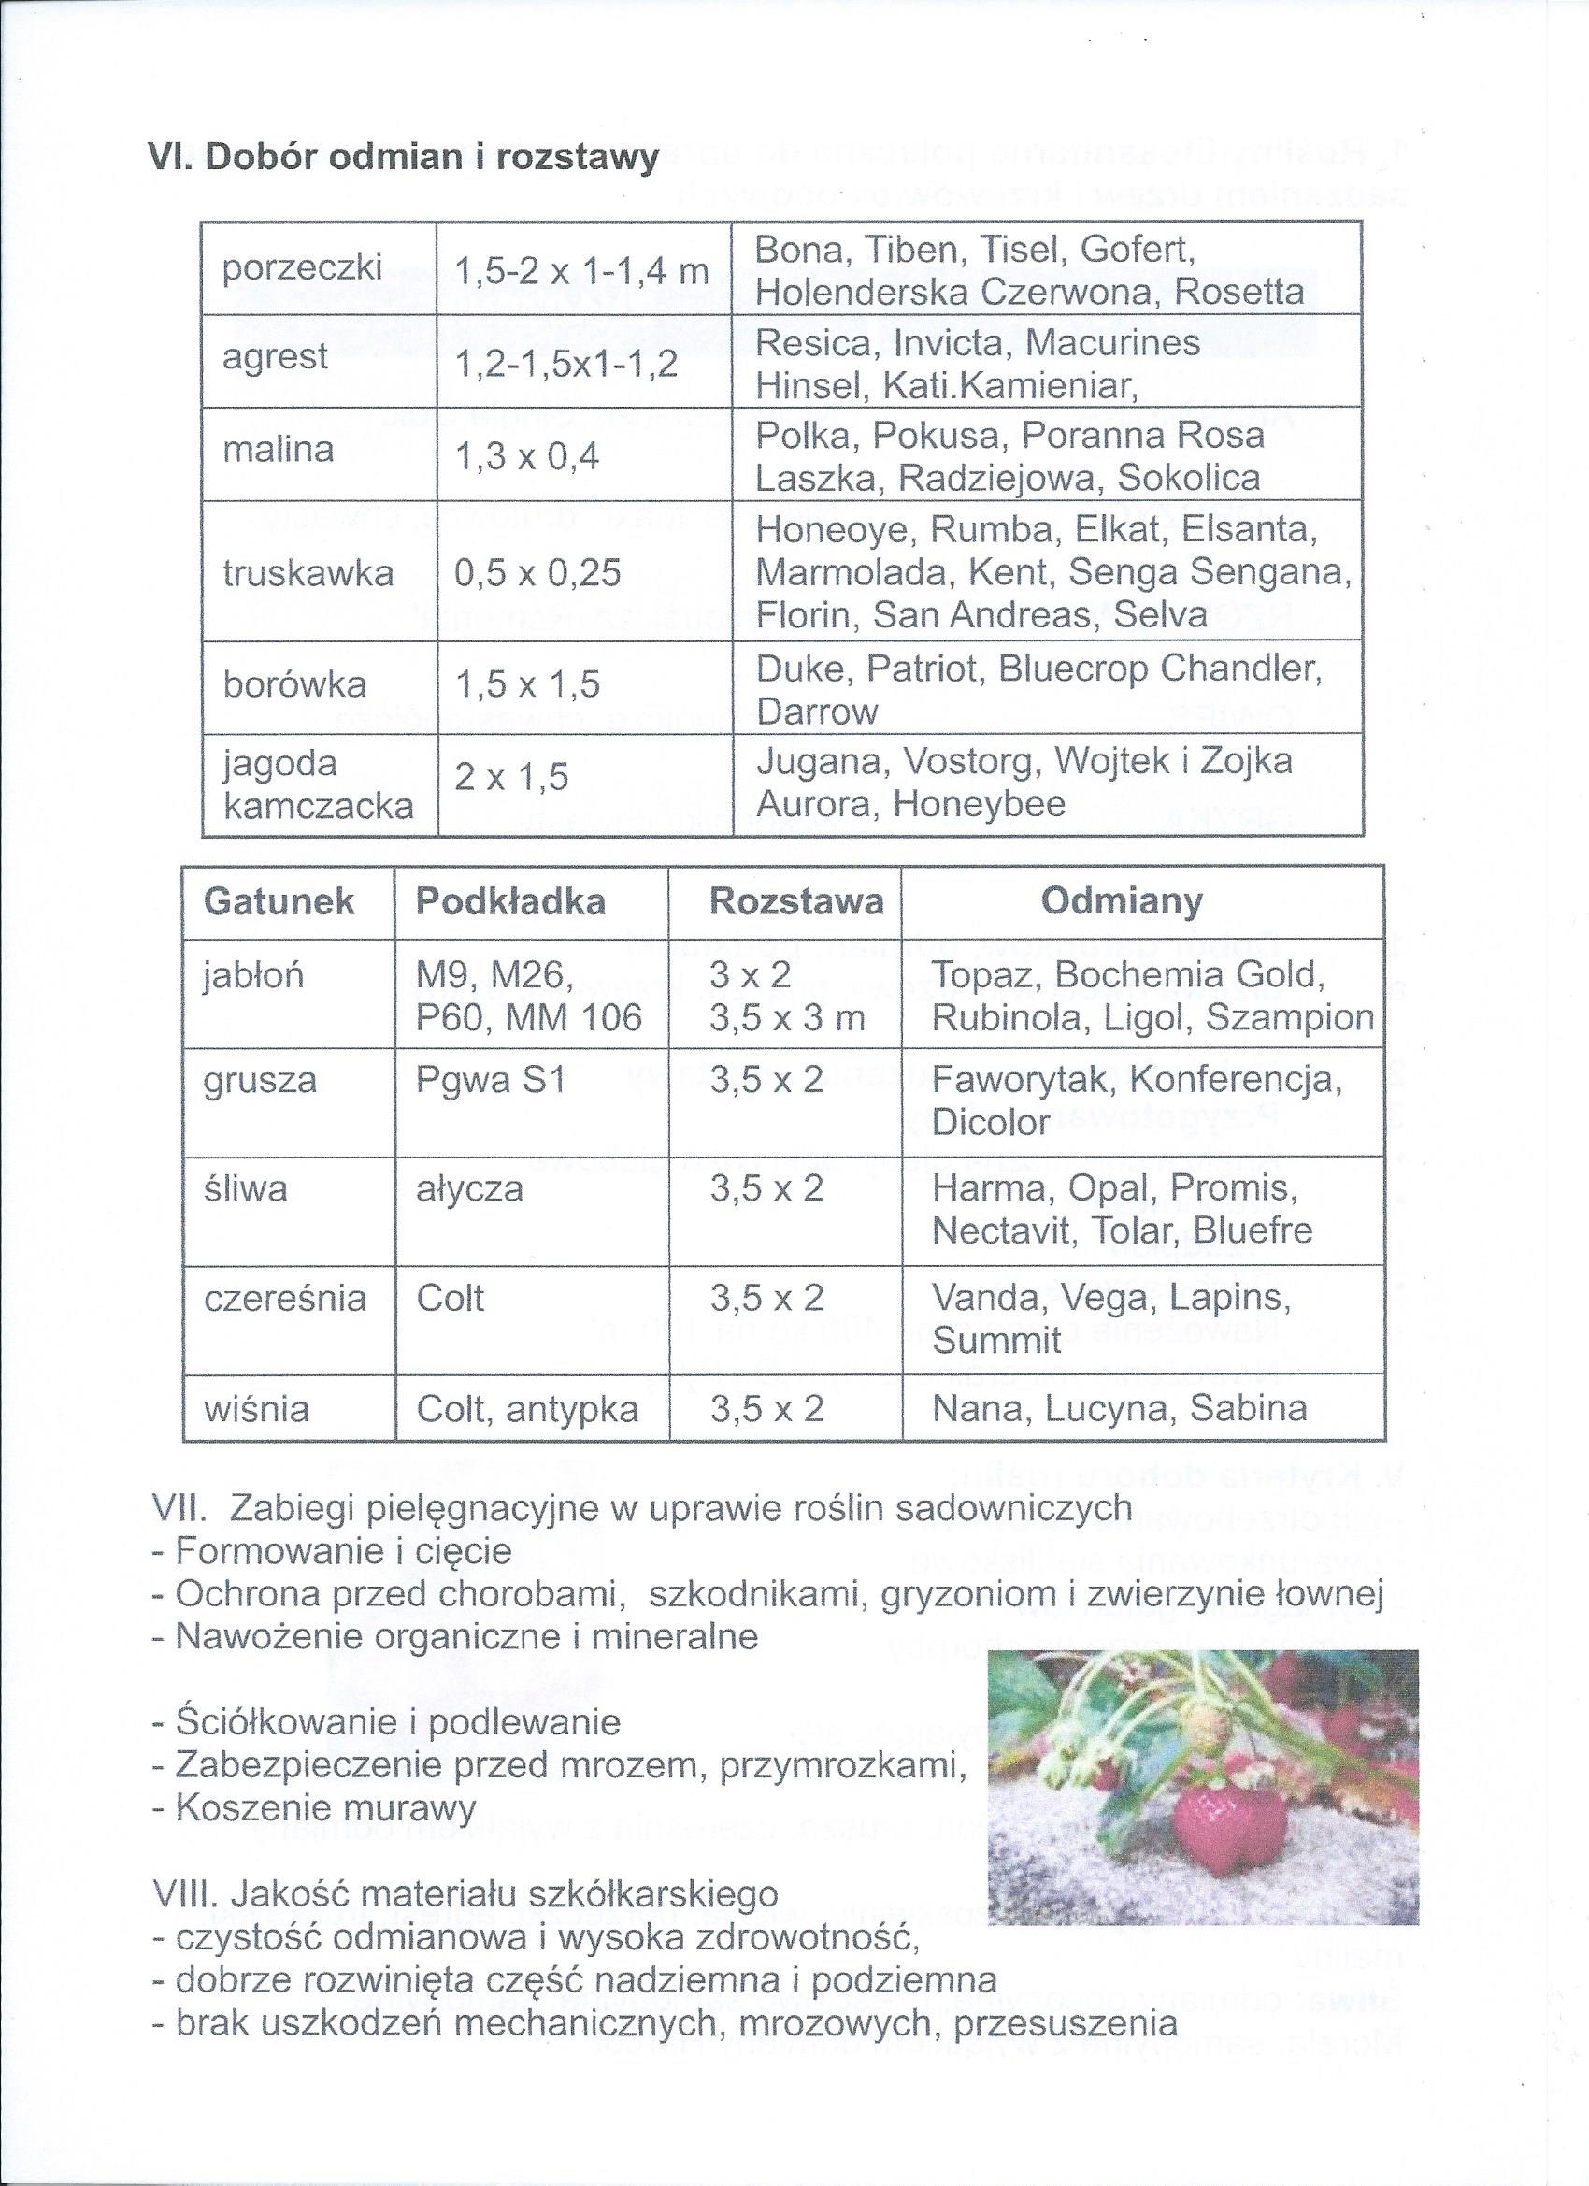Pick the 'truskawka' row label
pyautogui.click(x=308, y=573)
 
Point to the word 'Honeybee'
pyautogui.click(x=979, y=804)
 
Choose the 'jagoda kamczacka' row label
pyautogui.click(x=318, y=784)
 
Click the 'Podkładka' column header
pyautogui.click(x=510, y=901)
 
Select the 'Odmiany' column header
pyautogui.click(x=1121, y=900)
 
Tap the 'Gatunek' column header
pyautogui.click(x=279, y=901)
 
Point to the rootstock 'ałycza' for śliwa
pyautogui.click(x=469, y=1188)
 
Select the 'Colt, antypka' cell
pyautogui.click(x=527, y=1409)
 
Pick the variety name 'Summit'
pyautogui.click(x=996, y=1341)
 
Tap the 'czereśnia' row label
pyautogui.click(x=285, y=1299)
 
